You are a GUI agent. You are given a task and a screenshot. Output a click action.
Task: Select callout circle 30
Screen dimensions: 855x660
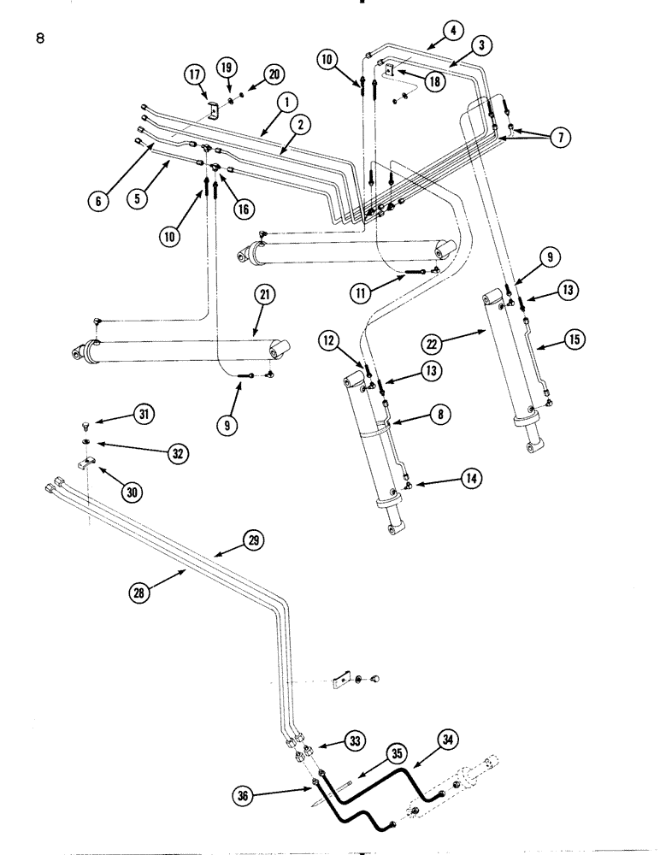(135, 492)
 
